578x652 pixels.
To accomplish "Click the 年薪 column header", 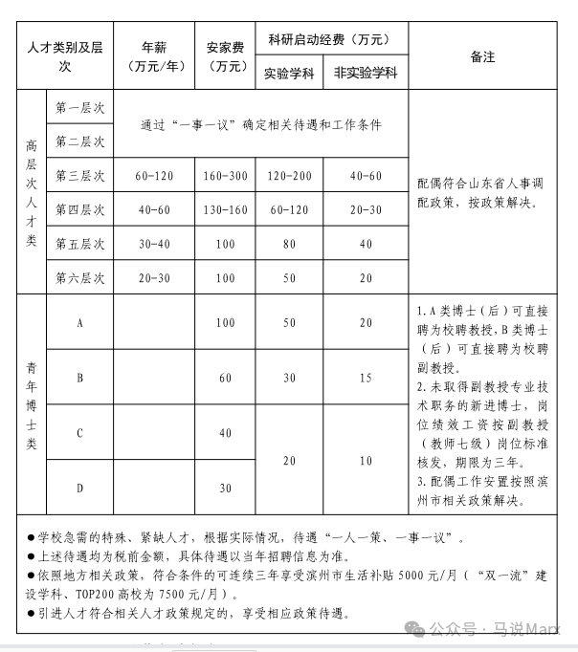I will tap(156, 55).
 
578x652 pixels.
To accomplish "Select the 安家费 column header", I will tap(225, 55).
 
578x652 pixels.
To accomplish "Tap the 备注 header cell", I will tap(482, 56).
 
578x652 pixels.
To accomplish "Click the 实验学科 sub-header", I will tap(290, 73).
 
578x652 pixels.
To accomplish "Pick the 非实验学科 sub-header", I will tap(366, 73).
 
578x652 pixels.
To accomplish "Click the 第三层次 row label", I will tap(79, 176).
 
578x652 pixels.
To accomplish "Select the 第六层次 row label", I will tap(79, 277).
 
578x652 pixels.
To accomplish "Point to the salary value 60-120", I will tap(156, 176).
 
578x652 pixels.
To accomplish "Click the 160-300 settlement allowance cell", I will tap(225, 176).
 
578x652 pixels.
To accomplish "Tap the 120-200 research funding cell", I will tap(290, 176).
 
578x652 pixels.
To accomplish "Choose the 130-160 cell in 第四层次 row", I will tap(225, 209).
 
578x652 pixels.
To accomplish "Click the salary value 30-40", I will tap(156, 244).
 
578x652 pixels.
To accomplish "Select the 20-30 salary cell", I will tap(156, 277).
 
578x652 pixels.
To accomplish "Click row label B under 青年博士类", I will tap(79, 378).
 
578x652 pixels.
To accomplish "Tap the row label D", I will tap(79, 488).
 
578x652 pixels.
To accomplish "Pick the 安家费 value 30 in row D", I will tap(225, 488).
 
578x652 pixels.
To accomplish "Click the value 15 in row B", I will tap(366, 378).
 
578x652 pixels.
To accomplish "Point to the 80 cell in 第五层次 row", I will tap(290, 244).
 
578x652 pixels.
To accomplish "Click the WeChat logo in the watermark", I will tap(414, 628).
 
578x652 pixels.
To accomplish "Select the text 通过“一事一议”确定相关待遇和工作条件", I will tap(260, 125).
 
